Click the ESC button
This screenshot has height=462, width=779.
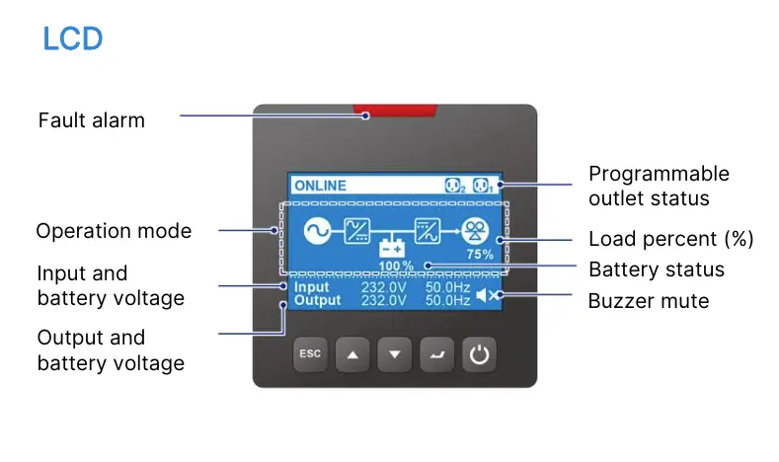click(x=310, y=354)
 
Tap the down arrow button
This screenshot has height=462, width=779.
click(x=395, y=354)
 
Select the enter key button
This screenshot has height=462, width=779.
click(x=436, y=354)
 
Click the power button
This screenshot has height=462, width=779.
click(x=479, y=354)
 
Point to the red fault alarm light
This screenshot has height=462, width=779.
click(x=395, y=111)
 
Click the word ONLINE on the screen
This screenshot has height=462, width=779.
click(x=321, y=186)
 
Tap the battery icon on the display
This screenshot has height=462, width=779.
click(x=393, y=248)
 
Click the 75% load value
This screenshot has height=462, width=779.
click(x=480, y=255)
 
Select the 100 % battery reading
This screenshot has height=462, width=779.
click(x=396, y=266)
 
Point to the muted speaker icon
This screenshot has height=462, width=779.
click(x=487, y=295)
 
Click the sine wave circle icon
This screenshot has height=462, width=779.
click(x=318, y=231)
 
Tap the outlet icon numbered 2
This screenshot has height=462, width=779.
click(x=455, y=186)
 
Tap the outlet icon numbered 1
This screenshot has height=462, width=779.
click(x=483, y=186)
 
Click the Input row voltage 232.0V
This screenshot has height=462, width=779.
click(x=383, y=287)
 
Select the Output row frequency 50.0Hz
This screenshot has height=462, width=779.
click(x=447, y=300)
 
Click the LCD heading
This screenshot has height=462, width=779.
click(x=72, y=38)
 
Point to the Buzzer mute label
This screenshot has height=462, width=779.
click(x=649, y=301)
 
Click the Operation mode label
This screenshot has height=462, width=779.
click(x=114, y=231)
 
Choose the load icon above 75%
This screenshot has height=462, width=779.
click(x=475, y=231)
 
